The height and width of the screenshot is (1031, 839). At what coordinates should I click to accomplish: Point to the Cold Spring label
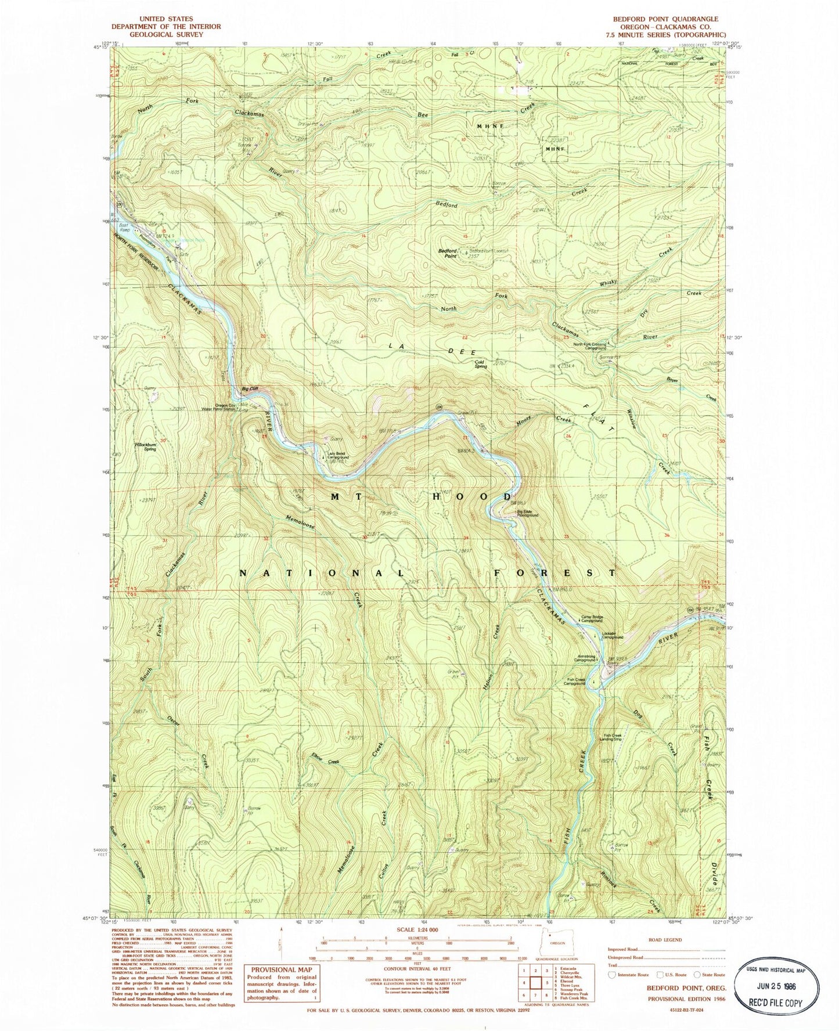click(480, 365)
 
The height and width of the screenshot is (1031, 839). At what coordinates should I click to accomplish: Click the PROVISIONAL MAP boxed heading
click(282, 970)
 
